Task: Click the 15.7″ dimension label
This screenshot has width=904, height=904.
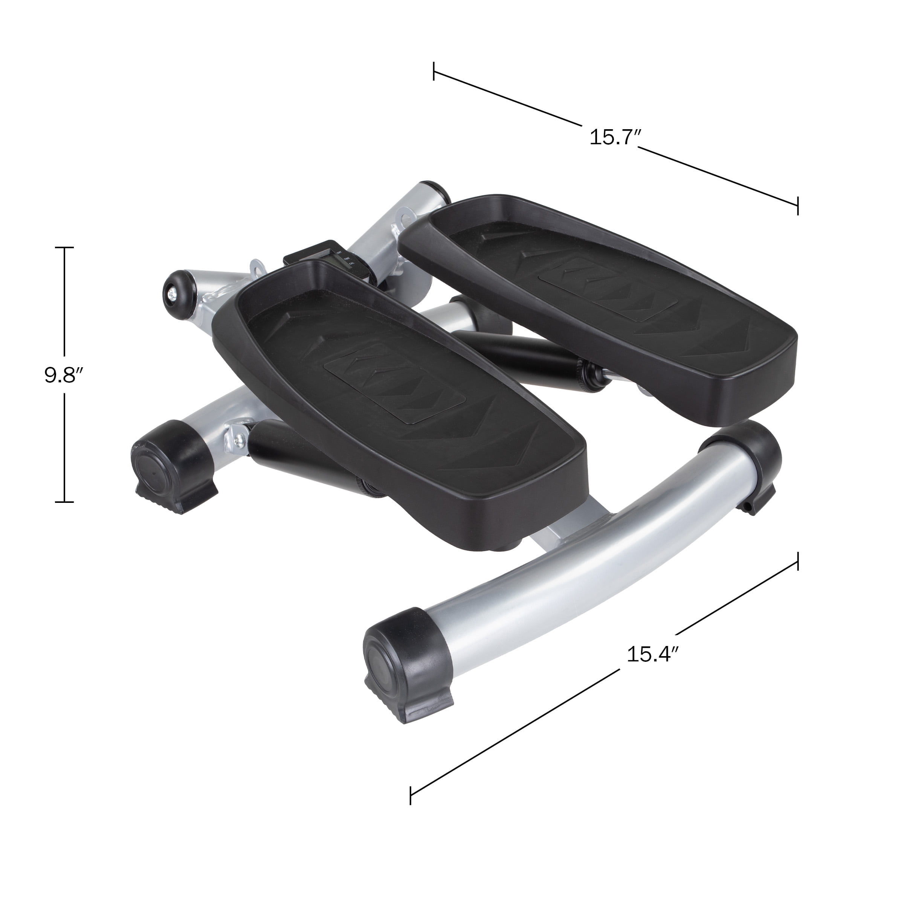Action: [x=614, y=137]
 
